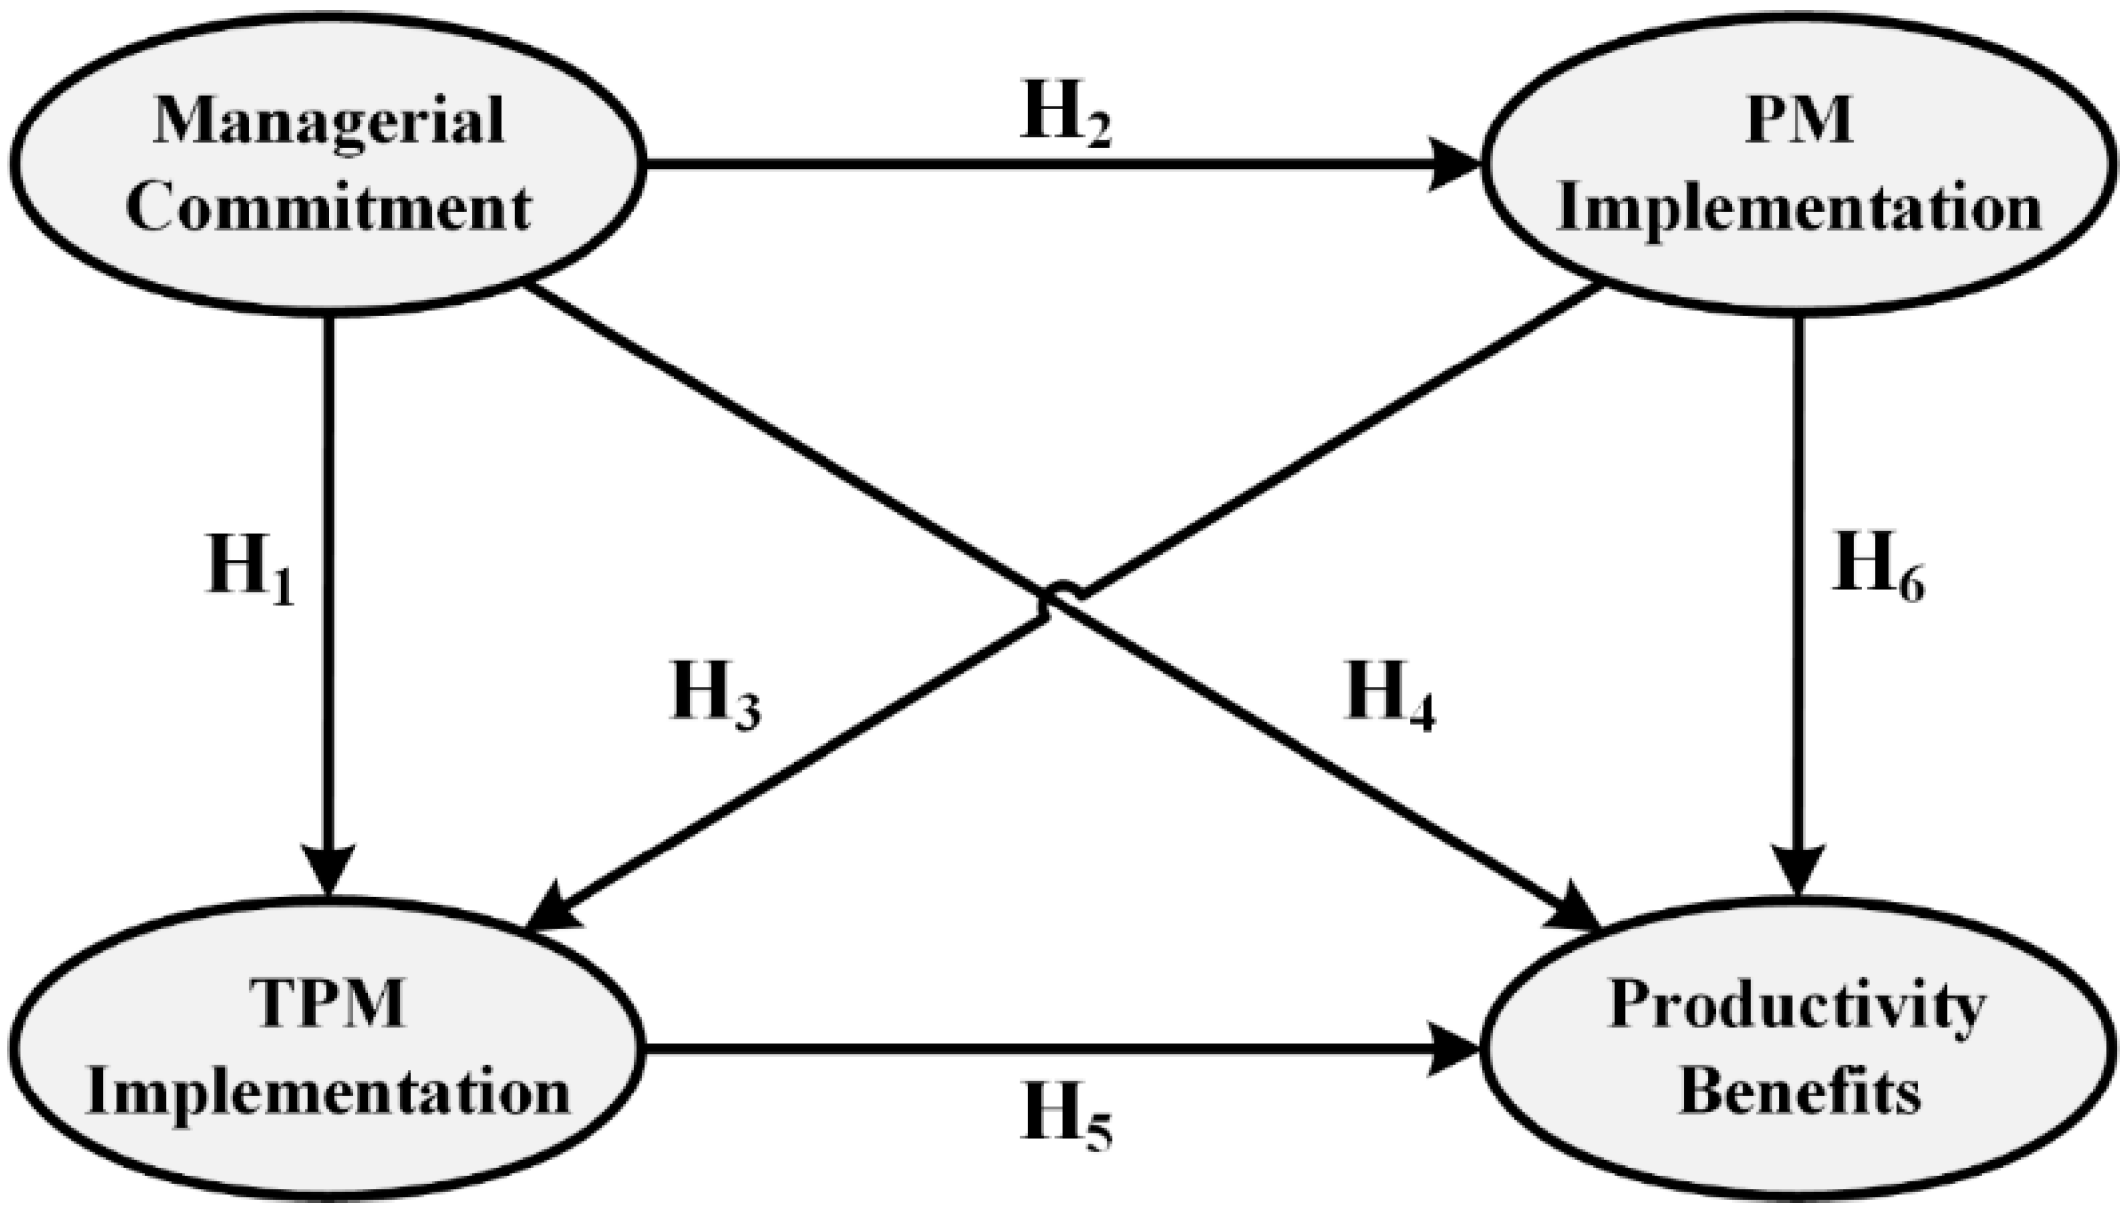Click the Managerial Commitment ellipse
(329, 164)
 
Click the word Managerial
(329, 121)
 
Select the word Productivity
(1797, 1006)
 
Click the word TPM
(329, 1004)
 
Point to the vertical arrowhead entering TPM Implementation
(329, 871)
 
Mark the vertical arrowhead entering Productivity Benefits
(1798, 871)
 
